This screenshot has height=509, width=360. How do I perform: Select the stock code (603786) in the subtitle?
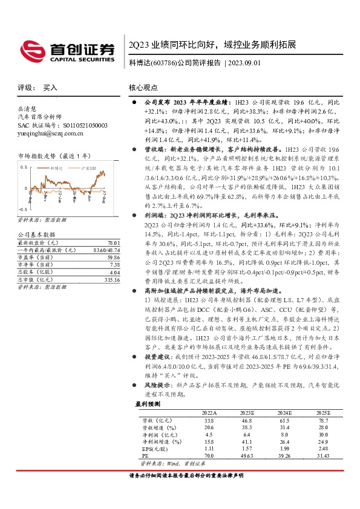click(x=163, y=62)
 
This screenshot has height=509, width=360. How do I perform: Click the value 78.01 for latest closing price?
click(x=106, y=241)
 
